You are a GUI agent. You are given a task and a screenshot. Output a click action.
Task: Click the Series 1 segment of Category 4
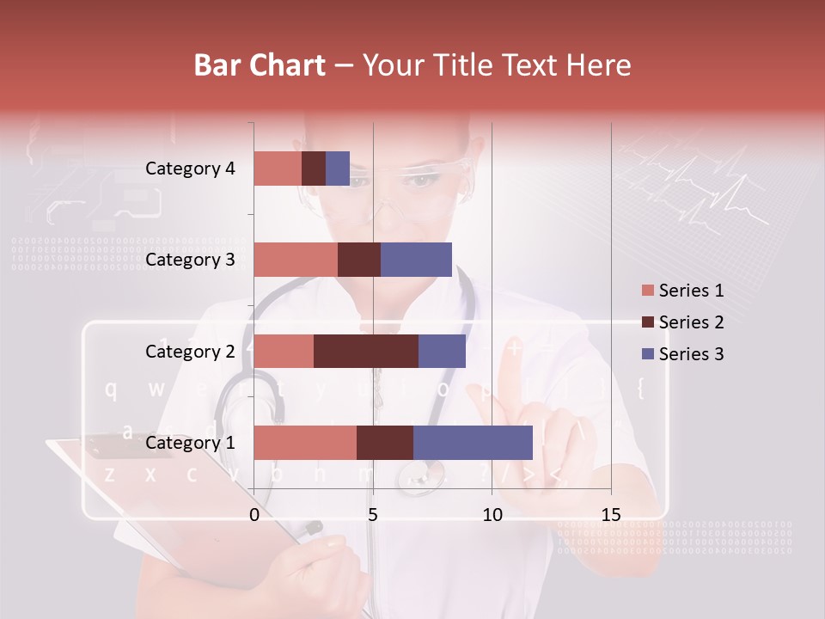click(x=278, y=169)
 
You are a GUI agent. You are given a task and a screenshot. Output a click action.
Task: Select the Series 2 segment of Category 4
click(x=314, y=169)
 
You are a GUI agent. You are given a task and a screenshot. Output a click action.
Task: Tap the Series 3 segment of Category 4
click(x=338, y=169)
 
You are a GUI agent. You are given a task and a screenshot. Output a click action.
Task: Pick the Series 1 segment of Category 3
click(x=296, y=260)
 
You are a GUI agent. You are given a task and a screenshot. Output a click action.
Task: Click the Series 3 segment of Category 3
click(x=416, y=260)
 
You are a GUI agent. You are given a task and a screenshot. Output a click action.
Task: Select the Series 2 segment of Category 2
click(x=366, y=351)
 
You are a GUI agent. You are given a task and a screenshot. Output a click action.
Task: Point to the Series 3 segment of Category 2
click(x=442, y=351)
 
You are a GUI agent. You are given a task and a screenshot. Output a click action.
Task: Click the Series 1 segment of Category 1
click(x=305, y=443)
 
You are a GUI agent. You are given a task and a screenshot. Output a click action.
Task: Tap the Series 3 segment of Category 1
click(x=473, y=443)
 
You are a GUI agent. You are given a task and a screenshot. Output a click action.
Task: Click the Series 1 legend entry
click(x=682, y=291)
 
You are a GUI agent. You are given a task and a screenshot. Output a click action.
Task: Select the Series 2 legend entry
click(x=682, y=322)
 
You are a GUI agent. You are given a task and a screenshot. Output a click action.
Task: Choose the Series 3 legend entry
click(x=682, y=354)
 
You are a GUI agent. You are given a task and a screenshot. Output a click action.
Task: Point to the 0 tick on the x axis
click(x=254, y=515)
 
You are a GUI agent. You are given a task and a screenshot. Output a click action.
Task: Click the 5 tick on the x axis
click(x=373, y=515)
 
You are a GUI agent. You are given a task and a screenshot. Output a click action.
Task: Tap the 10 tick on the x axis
click(x=492, y=515)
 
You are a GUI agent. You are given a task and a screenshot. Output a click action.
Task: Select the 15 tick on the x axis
click(x=610, y=515)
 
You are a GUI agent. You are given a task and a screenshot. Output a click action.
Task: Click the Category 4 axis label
click(x=190, y=169)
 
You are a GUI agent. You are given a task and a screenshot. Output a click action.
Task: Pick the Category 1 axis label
click(x=190, y=443)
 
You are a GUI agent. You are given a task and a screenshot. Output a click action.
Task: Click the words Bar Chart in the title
click(x=260, y=65)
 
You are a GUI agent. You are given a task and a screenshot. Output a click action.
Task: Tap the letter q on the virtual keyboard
click(x=111, y=389)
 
